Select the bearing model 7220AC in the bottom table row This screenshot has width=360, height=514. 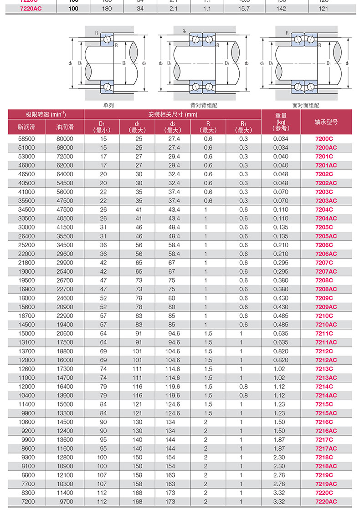tap(326, 501)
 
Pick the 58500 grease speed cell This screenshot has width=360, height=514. tap(26, 138)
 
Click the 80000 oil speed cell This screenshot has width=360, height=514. tap(64, 138)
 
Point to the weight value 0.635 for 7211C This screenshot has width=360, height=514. tap(281, 333)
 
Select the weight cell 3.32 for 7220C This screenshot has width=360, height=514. tap(281, 493)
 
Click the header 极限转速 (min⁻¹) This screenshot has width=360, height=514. tap(46, 114)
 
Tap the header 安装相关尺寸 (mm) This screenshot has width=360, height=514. tap(173, 114)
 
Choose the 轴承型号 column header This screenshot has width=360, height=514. tap(326, 122)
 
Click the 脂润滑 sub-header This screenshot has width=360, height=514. tap(26, 127)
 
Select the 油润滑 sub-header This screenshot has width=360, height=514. tap(64, 127)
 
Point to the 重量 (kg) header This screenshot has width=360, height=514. tap(281, 122)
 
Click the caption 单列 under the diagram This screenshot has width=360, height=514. tap(108, 105)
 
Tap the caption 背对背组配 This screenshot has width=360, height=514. tap(204, 105)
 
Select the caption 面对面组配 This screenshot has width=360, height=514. tap(305, 105)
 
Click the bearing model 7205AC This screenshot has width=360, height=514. tap(326, 236)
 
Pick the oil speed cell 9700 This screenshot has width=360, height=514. tap(64, 501)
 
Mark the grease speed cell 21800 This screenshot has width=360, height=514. tap(26, 263)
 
